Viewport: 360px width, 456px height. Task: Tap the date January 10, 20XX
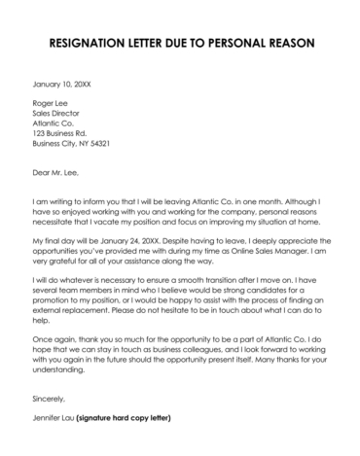60,85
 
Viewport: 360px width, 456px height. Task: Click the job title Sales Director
57,115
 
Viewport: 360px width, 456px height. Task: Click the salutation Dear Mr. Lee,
56,173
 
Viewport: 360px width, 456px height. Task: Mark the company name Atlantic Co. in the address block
54,124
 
